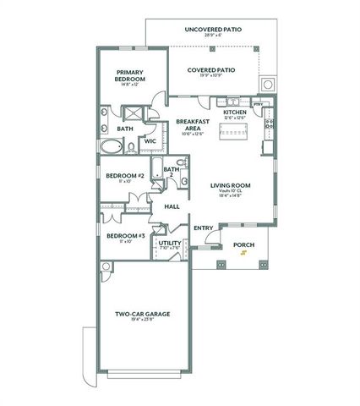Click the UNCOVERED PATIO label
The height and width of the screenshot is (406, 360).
tap(213, 29)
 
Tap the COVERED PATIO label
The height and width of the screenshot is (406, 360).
tap(210, 70)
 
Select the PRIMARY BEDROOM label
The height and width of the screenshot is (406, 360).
tap(134, 75)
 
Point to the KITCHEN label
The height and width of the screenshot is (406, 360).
tap(234, 112)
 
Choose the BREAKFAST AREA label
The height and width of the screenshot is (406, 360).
tap(192, 124)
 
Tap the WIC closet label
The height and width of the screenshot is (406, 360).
tap(150, 141)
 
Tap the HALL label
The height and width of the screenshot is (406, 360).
tap(172, 206)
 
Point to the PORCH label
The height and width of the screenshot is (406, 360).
tap(243, 245)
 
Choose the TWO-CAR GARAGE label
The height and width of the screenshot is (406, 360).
tap(143, 314)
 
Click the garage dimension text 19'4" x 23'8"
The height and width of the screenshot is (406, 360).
tap(143, 321)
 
